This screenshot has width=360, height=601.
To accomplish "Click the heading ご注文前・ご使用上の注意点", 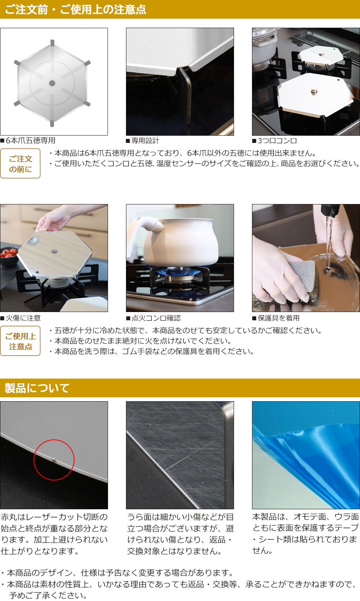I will pos(76,9).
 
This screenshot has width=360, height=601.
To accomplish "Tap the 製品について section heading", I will pos(37,388).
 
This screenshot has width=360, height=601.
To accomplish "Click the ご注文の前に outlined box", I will pos(21,164).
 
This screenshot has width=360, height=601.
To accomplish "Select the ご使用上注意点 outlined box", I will pos(21,341).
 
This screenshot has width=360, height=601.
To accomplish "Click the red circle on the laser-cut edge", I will pos(54,460).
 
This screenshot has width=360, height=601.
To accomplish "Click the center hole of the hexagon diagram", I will pos(52,83).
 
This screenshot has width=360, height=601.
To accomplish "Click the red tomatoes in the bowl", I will pos(9,253).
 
